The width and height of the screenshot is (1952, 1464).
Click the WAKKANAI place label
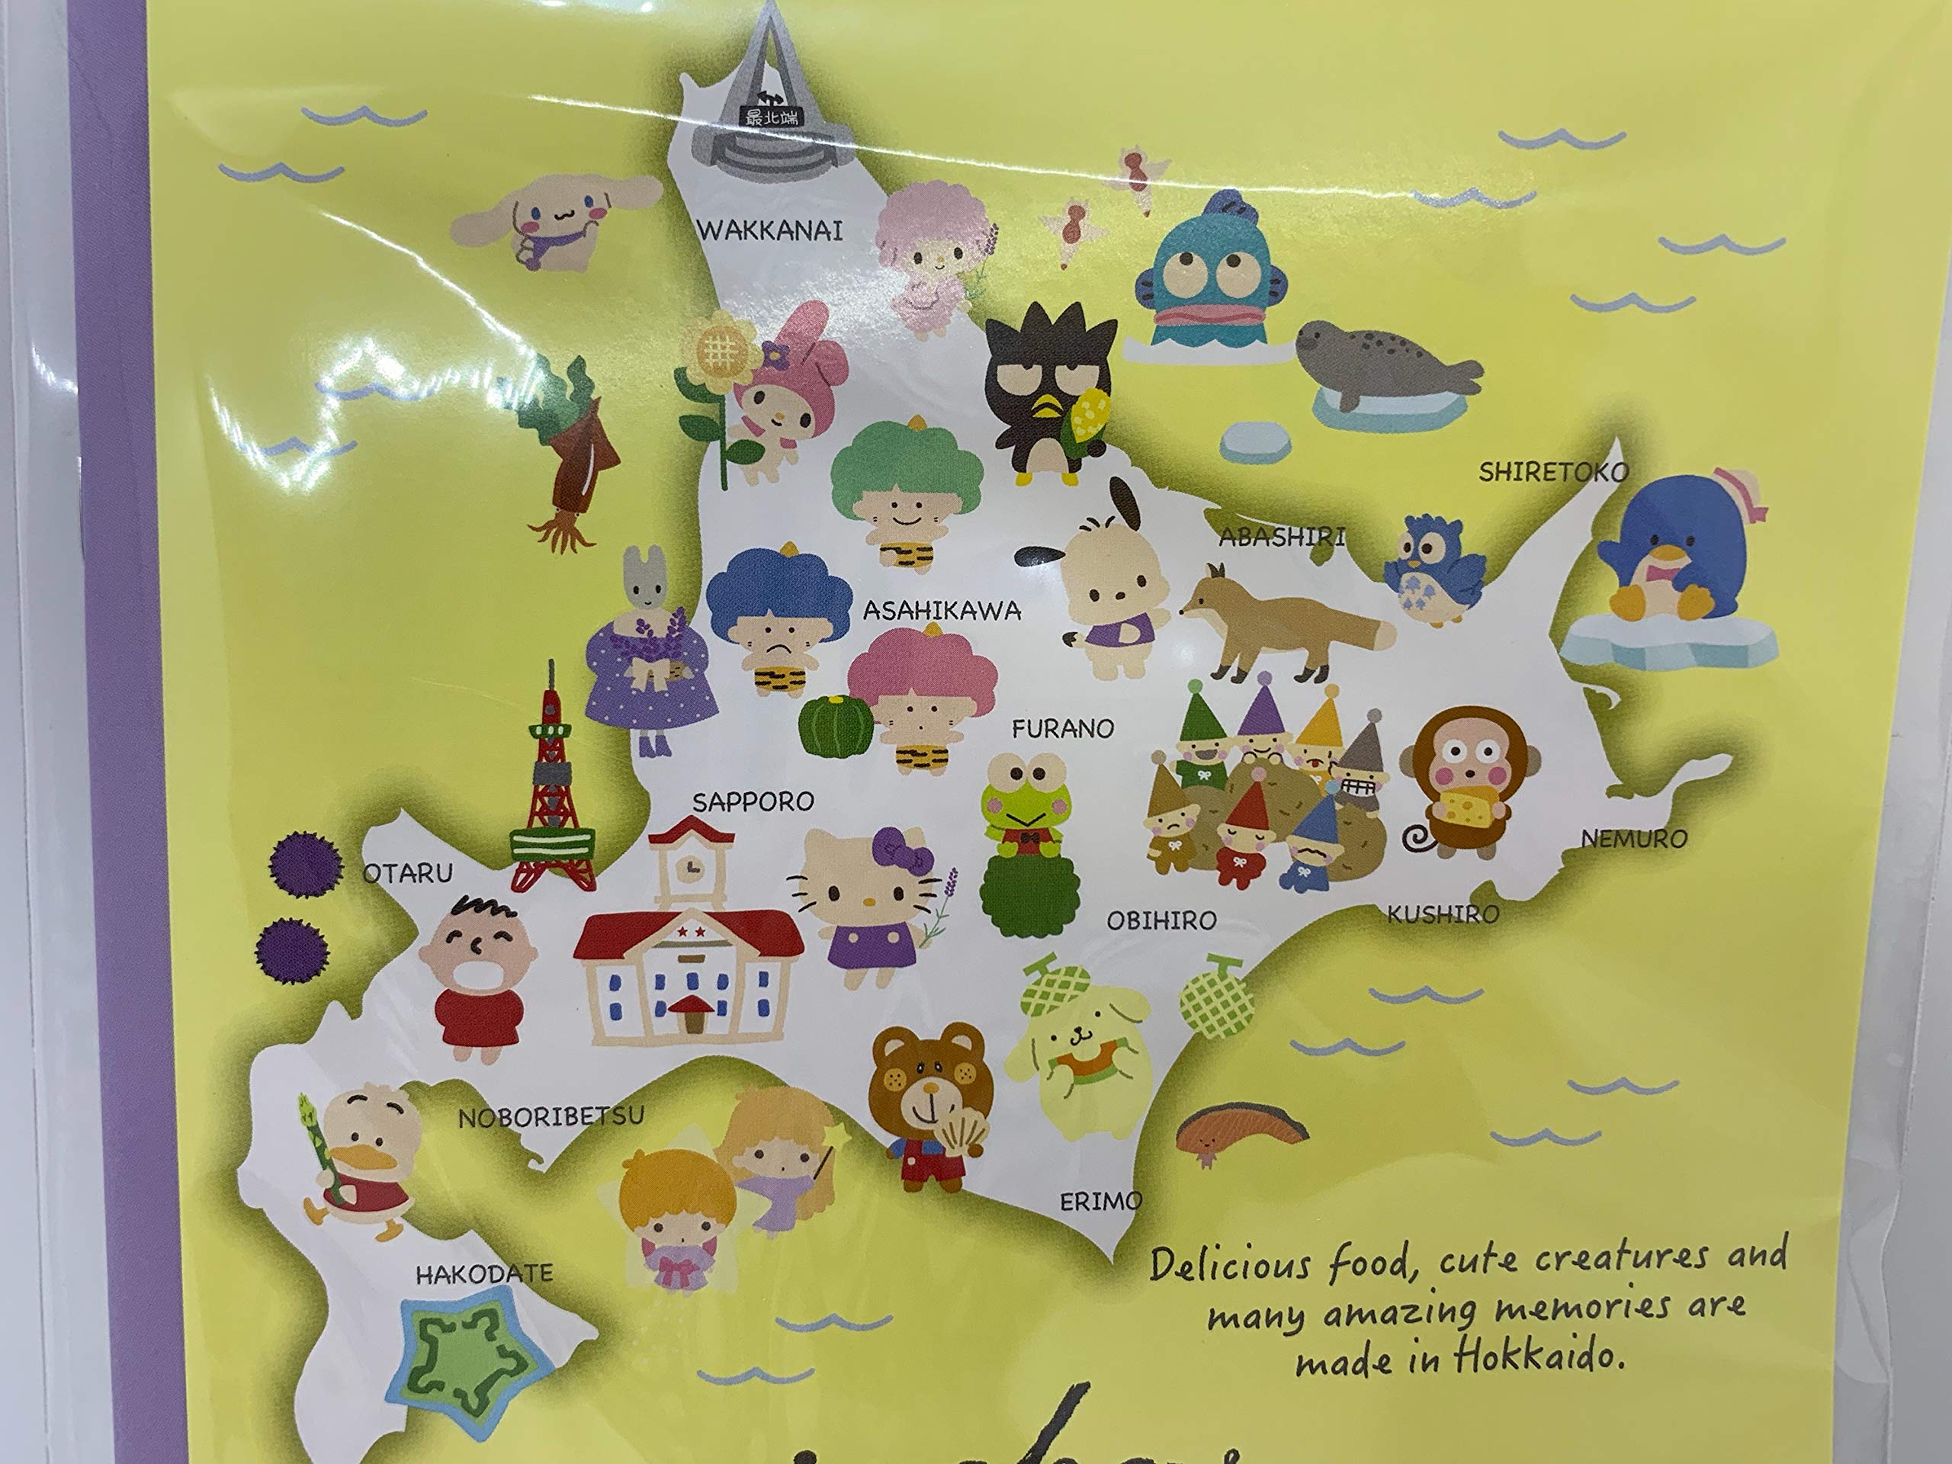click(770, 231)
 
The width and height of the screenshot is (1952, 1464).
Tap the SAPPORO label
click(752, 802)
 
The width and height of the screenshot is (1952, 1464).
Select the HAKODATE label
click(484, 1273)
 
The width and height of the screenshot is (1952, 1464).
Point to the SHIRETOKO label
click(1553, 473)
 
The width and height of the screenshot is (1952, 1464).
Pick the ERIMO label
click(1100, 1201)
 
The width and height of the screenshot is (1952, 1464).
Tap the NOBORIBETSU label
click(551, 1117)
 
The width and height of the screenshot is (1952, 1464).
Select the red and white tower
click(551, 785)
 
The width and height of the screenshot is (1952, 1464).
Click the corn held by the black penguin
click(1087, 425)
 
